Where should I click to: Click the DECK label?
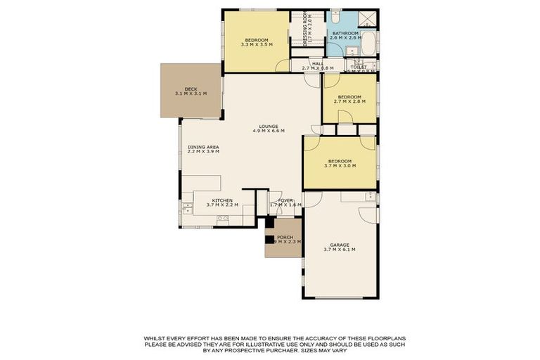tap(191, 89)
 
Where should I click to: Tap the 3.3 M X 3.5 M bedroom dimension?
tap(256, 45)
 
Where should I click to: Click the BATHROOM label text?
tap(345, 33)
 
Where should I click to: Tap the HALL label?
tap(316, 63)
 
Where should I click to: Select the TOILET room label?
tap(359, 67)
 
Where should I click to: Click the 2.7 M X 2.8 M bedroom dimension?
tap(349, 102)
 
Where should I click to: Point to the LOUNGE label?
tap(268, 127)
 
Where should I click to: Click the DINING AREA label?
tap(203, 147)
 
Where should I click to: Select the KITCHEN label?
tap(222, 200)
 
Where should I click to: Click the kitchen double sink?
tap(187, 208)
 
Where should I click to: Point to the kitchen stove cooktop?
tap(223, 219)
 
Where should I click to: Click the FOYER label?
tap(285, 200)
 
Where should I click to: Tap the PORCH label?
tap(285, 237)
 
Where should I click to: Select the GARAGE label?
tap(340, 245)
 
